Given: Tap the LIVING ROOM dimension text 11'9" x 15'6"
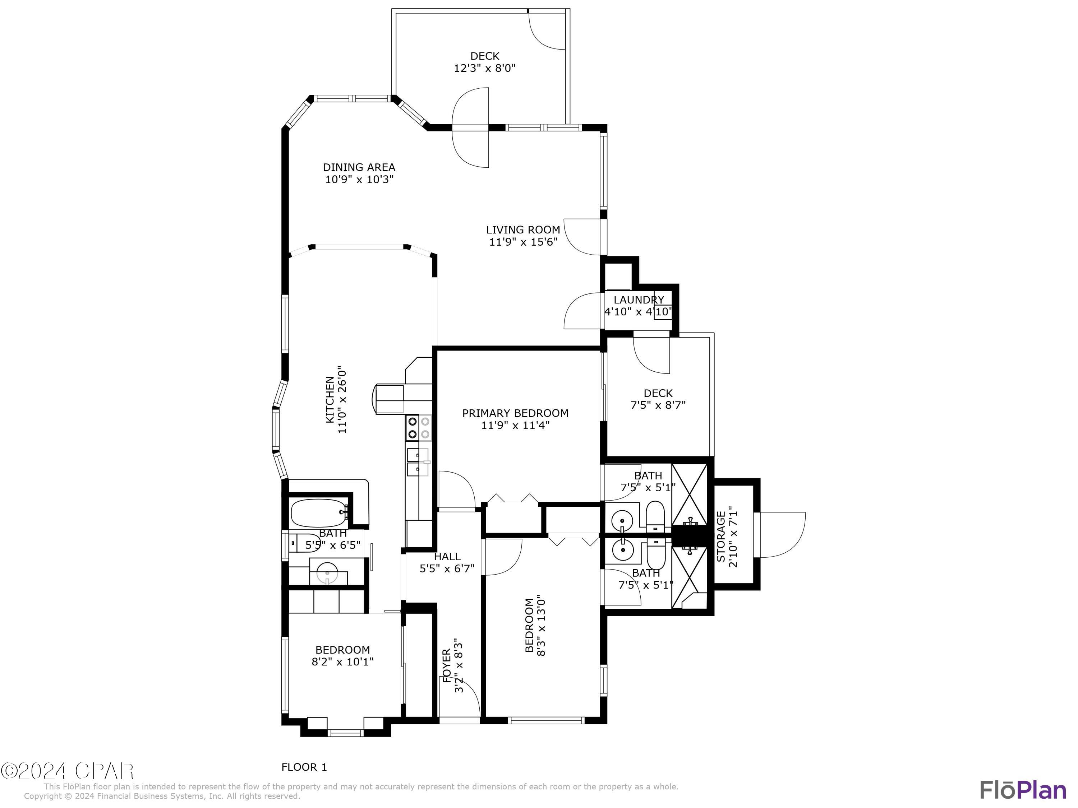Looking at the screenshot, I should click(x=523, y=242).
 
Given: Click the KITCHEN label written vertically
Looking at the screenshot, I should click(x=330, y=400).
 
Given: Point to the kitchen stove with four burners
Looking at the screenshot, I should click(x=419, y=428).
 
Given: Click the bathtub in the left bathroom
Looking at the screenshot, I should click(x=319, y=512).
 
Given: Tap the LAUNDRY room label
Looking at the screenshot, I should click(x=639, y=299).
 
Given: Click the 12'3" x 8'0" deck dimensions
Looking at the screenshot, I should click(x=484, y=68).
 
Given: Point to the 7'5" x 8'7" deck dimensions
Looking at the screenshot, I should click(x=658, y=405).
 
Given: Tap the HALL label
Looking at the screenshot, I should click(x=447, y=556).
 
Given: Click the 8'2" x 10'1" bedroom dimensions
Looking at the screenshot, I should click(x=342, y=662).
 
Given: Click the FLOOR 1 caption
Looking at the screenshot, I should click(x=304, y=767).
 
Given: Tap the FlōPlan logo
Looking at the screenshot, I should click(x=1022, y=790).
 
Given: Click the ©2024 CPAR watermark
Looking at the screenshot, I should click(x=67, y=771).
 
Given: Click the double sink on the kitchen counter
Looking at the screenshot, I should click(x=418, y=462).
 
